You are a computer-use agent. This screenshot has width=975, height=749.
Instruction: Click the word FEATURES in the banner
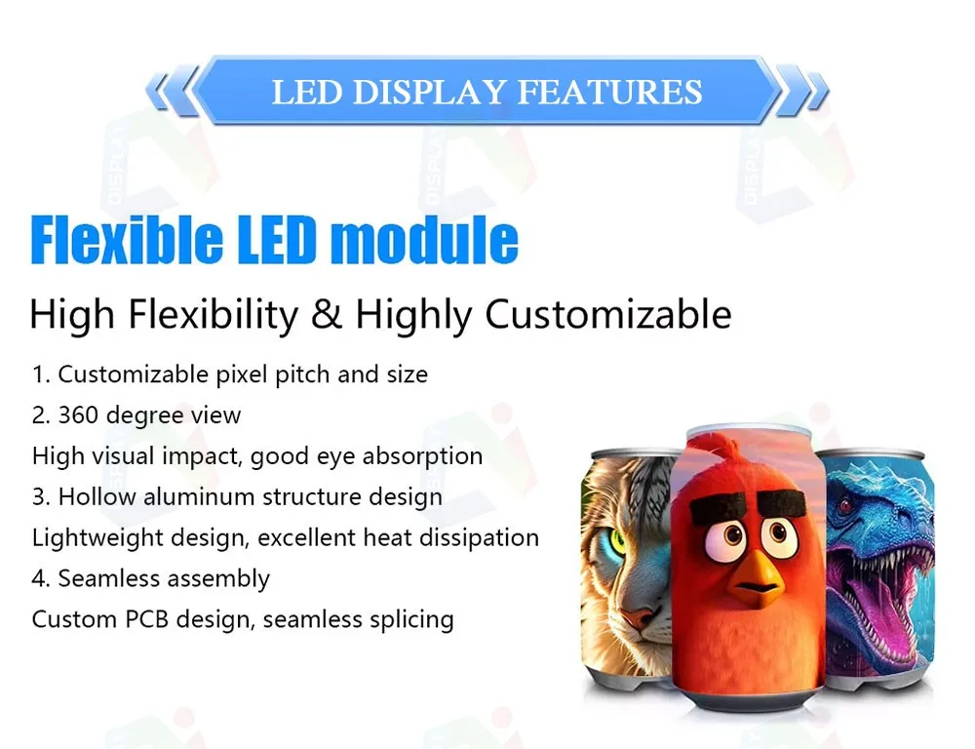(x=609, y=92)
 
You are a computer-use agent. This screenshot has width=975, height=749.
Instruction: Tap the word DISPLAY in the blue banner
(x=429, y=92)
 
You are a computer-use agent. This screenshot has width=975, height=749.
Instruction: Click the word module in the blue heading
(x=424, y=239)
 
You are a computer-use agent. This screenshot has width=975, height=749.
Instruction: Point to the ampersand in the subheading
(x=327, y=314)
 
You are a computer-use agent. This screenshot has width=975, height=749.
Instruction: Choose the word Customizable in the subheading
(x=608, y=314)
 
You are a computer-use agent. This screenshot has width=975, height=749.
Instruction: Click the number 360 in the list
(x=78, y=415)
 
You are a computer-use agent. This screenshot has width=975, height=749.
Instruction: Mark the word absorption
(x=423, y=456)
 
